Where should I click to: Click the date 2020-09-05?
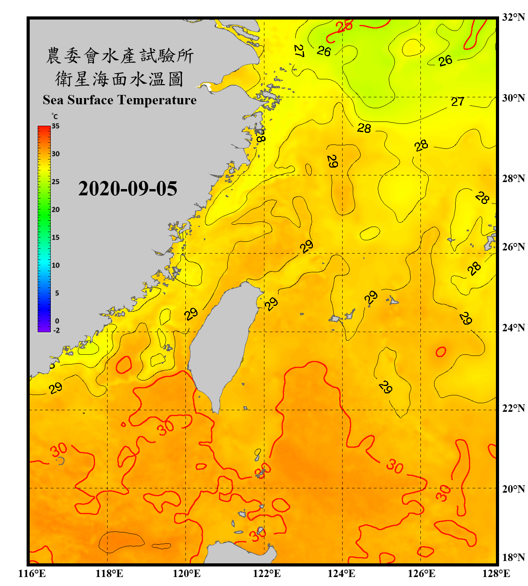128,189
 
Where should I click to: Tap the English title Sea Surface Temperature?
120,100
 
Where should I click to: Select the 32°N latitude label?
514,17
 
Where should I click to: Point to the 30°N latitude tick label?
514,98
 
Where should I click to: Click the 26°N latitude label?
514,247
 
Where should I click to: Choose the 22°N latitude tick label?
514,408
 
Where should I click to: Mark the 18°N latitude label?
514,557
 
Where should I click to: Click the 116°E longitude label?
32,573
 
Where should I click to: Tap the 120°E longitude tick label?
187,573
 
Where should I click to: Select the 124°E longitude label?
341,573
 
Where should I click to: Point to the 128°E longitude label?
496,573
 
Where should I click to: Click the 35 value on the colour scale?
56,126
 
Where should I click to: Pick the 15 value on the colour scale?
56,237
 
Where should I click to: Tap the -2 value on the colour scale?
56,330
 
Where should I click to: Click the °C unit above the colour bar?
55,116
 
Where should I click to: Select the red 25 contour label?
344,26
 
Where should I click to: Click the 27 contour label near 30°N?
457,102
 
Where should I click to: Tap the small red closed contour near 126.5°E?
441,352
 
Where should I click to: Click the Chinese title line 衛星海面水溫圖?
119,79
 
